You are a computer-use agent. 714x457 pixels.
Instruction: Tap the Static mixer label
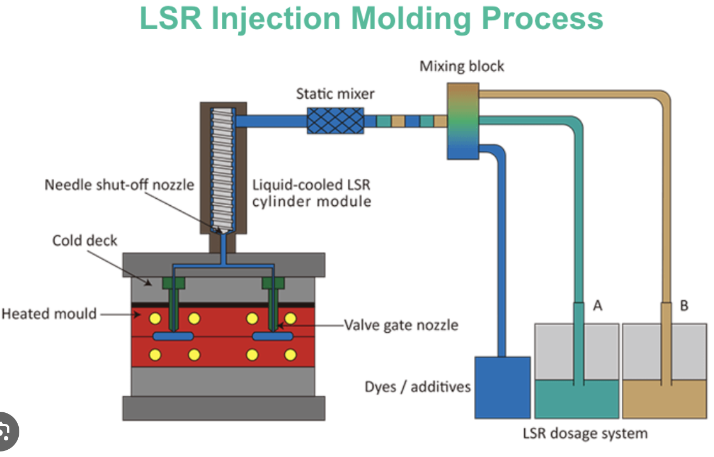(x=335, y=93)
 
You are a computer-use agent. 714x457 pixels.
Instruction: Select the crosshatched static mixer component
(x=335, y=120)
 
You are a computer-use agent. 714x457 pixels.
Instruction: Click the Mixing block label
(x=462, y=67)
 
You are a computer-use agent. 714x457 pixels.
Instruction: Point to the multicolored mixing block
(x=462, y=121)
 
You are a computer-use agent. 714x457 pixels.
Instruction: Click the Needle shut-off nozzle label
(x=119, y=184)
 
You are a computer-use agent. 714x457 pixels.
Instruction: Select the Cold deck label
(x=85, y=241)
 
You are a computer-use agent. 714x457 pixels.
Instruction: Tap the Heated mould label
(x=49, y=313)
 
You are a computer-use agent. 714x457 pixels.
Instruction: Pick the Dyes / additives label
(x=418, y=386)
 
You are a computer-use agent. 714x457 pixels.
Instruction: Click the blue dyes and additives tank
(x=503, y=386)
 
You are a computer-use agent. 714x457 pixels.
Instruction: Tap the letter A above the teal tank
(x=598, y=305)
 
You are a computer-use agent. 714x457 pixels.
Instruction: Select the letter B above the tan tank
(x=684, y=305)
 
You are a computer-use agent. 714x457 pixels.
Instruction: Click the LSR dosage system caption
(x=585, y=433)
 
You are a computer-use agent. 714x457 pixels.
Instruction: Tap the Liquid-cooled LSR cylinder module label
(x=312, y=193)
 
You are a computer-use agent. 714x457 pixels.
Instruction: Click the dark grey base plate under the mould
(x=223, y=408)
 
